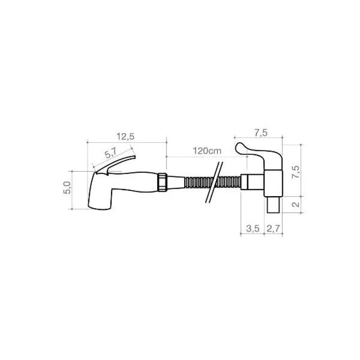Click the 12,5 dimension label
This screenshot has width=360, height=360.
[x=125, y=137]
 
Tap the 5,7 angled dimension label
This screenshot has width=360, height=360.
[x=111, y=153]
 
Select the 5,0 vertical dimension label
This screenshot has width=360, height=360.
[x=67, y=188]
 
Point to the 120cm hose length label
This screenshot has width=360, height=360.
[x=207, y=151]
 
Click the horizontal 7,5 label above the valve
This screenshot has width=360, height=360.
[x=261, y=133]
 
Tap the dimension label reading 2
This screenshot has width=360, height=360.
[x=296, y=204]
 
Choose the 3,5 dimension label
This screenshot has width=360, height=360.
[x=253, y=229]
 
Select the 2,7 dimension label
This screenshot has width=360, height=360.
[x=273, y=229]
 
